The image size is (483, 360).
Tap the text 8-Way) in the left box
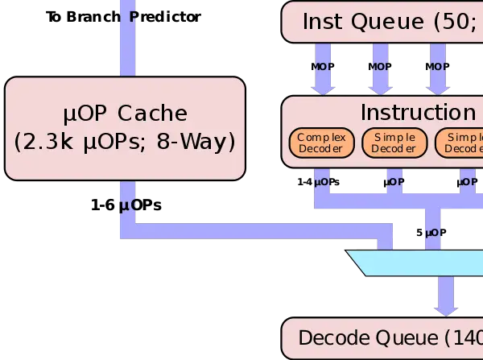[203, 142]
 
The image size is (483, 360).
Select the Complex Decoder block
[321, 143]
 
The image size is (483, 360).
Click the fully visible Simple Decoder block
[394, 143]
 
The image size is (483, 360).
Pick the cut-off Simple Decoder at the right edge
[460, 143]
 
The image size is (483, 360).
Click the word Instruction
[417, 112]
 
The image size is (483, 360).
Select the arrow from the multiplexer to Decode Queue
[446, 296]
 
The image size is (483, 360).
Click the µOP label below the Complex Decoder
[322, 182]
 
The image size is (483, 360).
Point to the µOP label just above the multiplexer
[435, 233]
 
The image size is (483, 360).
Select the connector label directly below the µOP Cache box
[129, 205]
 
